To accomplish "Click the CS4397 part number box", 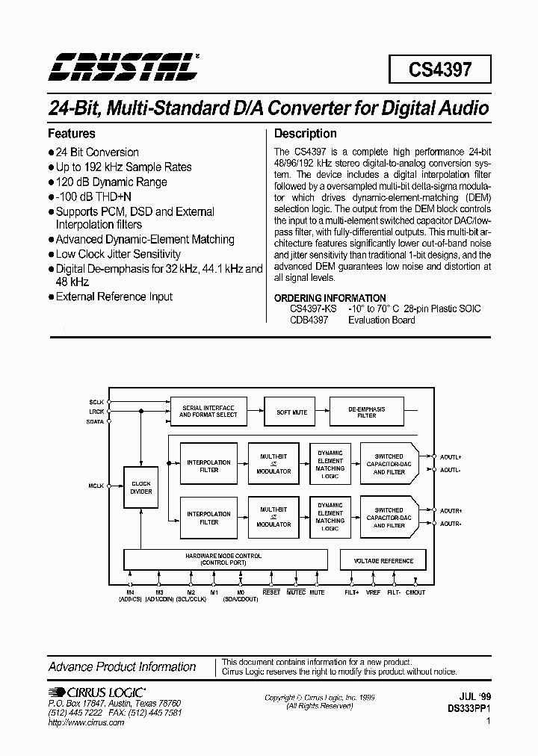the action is click(x=440, y=70).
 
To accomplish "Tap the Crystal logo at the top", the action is click(x=123, y=66).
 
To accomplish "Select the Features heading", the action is click(x=72, y=134).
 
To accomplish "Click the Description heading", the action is click(x=306, y=134).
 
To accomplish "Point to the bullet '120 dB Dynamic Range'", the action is click(x=111, y=182).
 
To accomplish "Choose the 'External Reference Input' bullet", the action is click(x=114, y=297).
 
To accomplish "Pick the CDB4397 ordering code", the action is click(x=309, y=320).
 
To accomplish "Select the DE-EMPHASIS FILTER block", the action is click(x=367, y=412).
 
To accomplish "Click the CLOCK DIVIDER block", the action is click(x=141, y=487).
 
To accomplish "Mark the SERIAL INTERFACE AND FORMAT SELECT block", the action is click(x=209, y=412).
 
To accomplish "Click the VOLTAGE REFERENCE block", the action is click(x=383, y=560).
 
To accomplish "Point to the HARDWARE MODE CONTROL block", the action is click(x=224, y=560).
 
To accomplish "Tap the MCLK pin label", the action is click(x=96, y=486).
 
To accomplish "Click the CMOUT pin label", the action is click(x=415, y=592).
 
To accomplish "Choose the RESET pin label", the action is click(x=271, y=592).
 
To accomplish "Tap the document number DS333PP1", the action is click(x=469, y=707).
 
